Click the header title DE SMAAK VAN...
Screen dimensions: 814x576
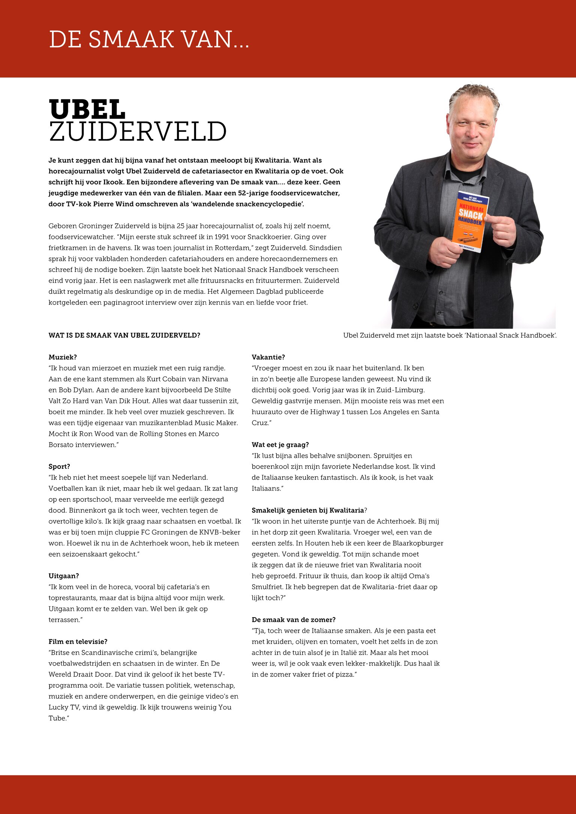coord(149,39)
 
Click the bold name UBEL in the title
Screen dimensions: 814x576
coord(87,109)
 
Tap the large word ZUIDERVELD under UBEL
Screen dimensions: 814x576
coord(138,132)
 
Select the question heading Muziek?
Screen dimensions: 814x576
coord(63,357)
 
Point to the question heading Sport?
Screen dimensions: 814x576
coord(59,467)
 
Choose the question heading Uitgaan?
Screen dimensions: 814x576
coord(64,576)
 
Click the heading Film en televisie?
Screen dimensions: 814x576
coord(78,642)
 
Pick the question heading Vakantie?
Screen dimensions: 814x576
coord(268,357)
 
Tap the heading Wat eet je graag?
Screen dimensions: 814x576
coord(280,445)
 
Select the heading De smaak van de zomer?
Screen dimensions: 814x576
coord(294,620)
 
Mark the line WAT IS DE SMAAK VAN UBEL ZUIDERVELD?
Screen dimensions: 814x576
coord(124,335)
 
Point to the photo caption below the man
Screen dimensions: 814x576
coord(450,335)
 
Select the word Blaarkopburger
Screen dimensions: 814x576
coord(416,543)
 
